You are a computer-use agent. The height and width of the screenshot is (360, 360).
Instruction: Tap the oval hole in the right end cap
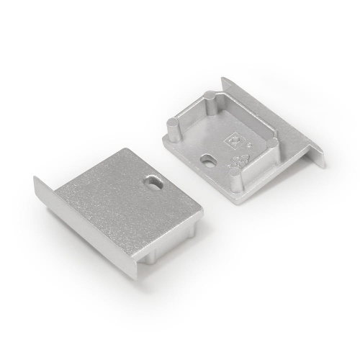pos(209,159)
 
